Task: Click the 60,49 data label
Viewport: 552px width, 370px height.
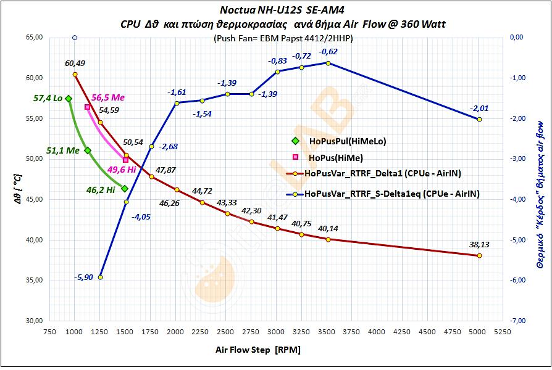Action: point(75,63)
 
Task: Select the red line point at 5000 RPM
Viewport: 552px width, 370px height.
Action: point(479,256)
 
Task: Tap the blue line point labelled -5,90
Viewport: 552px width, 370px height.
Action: point(101,277)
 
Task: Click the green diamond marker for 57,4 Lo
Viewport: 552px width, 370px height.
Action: point(69,99)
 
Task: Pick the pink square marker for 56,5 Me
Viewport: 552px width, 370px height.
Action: point(87,107)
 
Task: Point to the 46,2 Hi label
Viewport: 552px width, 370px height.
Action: point(102,191)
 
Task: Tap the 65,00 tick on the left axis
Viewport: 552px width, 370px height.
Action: point(34,38)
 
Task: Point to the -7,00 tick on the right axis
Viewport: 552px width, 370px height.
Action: point(517,321)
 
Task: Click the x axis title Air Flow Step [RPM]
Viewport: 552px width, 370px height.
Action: point(258,350)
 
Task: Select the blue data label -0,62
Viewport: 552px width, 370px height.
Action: point(328,51)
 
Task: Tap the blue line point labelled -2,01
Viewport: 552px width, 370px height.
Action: point(479,119)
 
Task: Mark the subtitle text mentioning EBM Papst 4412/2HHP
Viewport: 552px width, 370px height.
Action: point(283,38)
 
